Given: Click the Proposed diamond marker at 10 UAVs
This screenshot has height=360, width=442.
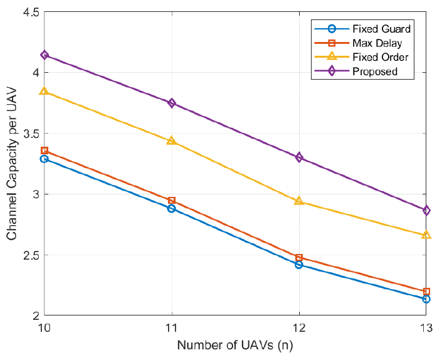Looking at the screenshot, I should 45,55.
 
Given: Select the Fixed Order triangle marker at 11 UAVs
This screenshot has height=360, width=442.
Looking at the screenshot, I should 172,140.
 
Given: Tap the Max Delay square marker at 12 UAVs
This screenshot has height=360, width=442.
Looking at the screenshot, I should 299,258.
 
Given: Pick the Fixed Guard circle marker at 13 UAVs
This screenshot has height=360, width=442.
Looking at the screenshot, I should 426,299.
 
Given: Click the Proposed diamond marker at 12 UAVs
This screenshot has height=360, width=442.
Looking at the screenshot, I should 299,157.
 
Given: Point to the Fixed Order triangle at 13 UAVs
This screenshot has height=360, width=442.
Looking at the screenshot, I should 426,235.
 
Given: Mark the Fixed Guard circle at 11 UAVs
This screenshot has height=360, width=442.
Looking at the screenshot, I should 172,208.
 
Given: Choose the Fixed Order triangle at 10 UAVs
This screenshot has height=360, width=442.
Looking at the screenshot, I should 45,91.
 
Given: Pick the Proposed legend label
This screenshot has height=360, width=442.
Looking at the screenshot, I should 375,71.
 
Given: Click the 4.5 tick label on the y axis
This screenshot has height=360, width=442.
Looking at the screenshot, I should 30,13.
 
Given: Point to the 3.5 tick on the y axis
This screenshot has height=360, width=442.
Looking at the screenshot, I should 30,134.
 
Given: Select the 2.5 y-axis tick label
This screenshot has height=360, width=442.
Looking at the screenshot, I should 30,255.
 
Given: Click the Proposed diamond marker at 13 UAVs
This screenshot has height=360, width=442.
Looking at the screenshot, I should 426,211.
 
